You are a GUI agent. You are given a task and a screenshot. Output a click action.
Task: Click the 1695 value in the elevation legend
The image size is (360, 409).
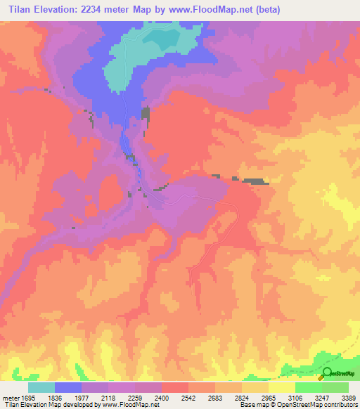(28, 397)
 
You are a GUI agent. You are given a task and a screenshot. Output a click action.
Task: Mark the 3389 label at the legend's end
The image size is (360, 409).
(349, 397)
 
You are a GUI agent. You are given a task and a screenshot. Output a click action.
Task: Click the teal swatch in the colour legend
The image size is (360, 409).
(41, 387)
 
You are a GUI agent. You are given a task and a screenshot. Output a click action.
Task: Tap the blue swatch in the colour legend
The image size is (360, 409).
(68, 387)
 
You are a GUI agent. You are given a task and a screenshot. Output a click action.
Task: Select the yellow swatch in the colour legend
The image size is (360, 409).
(282, 387)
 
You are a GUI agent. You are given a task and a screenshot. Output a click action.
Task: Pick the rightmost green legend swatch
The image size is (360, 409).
(335, 387)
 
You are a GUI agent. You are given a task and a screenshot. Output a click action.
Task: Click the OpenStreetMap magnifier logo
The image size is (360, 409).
(328, 374)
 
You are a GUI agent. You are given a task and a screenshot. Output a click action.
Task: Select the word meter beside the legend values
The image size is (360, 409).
(11, 397)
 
